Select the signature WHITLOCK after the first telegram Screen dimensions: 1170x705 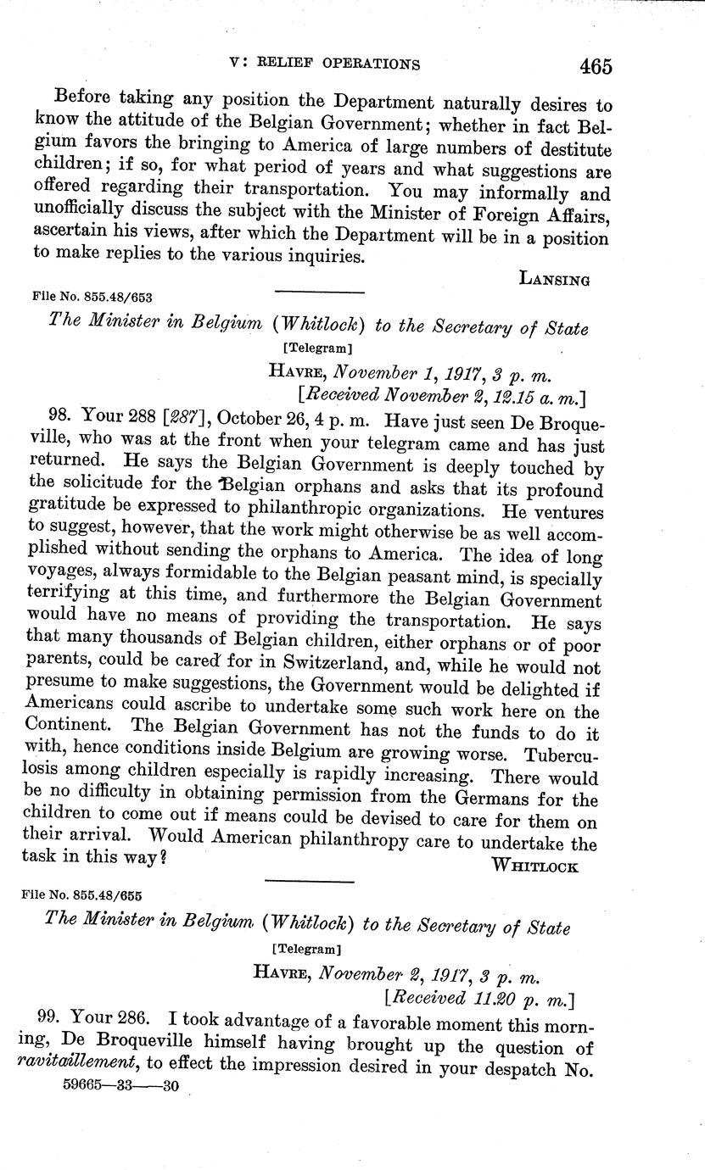tap(534, 866)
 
